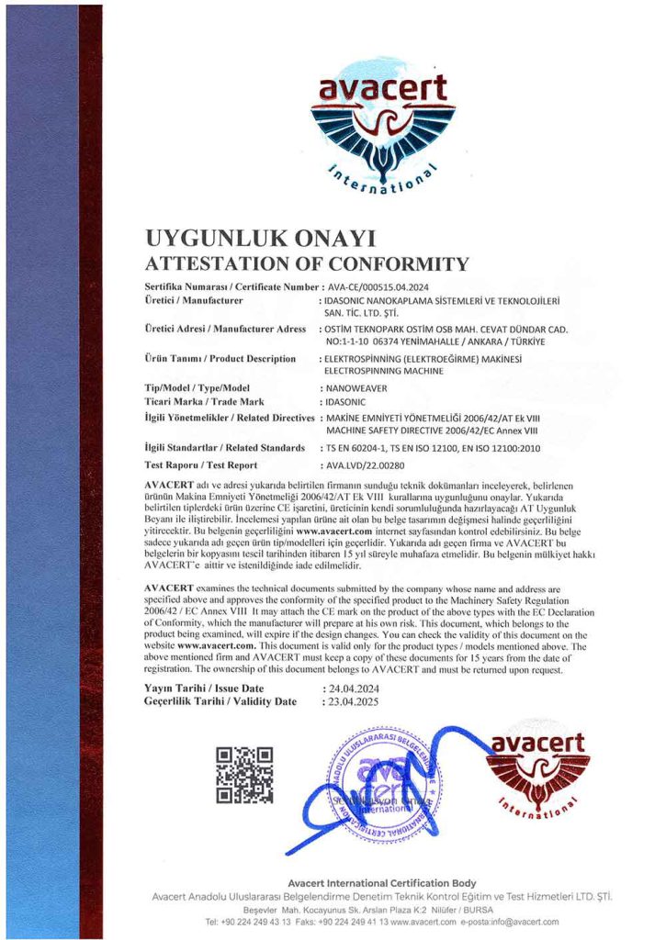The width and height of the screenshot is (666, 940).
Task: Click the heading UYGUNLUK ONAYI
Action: click(x=261, y=239)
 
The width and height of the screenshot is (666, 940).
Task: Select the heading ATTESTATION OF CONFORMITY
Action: click(x=307, y=264)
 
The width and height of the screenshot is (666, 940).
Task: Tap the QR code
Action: click(x=244, y=775)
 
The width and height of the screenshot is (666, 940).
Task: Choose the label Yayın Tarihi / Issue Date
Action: click(x=204, y=688)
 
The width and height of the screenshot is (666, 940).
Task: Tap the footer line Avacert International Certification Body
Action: click(x=381, y=882)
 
